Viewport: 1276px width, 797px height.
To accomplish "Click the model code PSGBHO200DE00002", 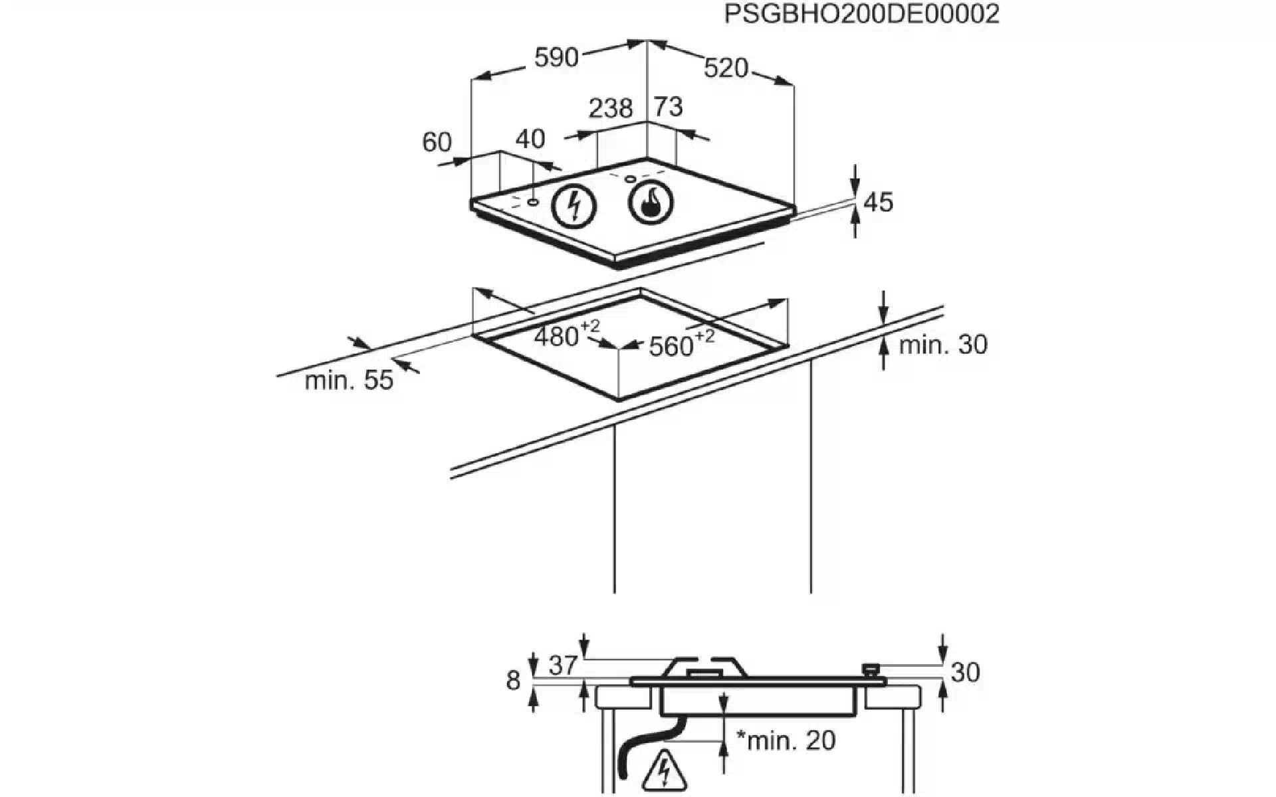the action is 861,14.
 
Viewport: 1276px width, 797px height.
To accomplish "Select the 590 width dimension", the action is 557,58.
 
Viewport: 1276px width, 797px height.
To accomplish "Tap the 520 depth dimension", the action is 726,68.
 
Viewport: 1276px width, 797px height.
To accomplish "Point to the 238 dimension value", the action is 611,108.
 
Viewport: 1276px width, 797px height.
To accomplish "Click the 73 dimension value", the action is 669,106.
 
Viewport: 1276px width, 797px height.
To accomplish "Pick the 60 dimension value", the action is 437,141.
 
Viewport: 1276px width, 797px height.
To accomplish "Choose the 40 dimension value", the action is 530,139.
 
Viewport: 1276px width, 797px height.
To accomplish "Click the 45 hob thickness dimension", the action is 878,202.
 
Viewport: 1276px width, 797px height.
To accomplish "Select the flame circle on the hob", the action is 651,201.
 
